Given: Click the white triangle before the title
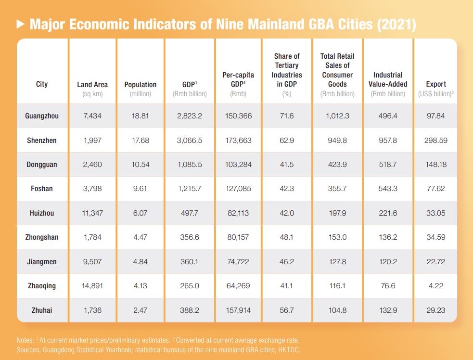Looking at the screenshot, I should pyautogui.click(x=20, y=24).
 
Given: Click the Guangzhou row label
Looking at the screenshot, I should pyautogui.click(x=42, y=116).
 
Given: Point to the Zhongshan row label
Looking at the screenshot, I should pyautogui.click(x=42, y=237).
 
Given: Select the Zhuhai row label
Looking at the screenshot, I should pyautogui.click(x=42, y=310).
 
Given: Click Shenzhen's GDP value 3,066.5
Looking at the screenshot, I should pyautogui.click(x=190, y=140).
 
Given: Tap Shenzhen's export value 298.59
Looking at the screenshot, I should pyautogui.click(x=436, y=140).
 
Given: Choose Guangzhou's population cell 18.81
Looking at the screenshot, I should pyautogui.click(x=141, y=116).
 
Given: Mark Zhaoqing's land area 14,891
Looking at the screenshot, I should pyautogui.click(x=92, y=286).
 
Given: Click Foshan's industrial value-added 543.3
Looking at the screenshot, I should pyautogui.click(x=388, y=189).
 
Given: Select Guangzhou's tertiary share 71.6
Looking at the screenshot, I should pyautogui.click(x=287, y=116).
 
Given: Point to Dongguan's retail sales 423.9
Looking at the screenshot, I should pyautogui.click(x=337, y=164).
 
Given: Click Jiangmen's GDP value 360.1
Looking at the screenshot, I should pyautogui.click(x=190, y=262).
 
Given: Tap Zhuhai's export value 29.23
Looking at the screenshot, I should pyautogui.click(x=436, y=310).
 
